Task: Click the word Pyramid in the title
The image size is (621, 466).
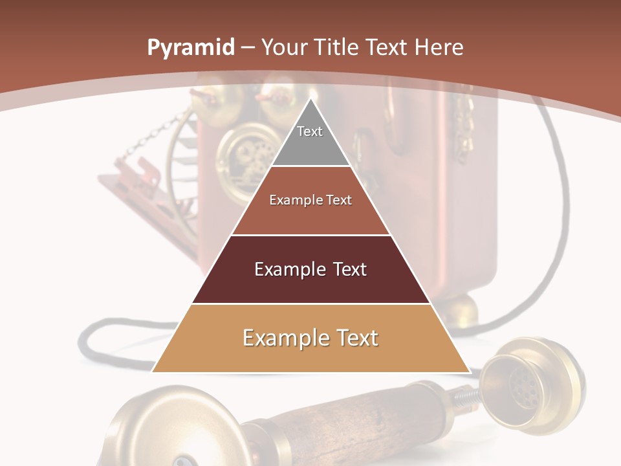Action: tap(190, 48)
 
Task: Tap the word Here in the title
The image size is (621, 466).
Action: tap(439, 47)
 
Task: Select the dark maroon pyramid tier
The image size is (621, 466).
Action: tap(310, 285)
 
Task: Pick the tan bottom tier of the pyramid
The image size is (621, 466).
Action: tap(310, 356)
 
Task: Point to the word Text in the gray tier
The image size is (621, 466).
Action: tap(310, 131)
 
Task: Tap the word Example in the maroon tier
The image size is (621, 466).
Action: tap(289, 269)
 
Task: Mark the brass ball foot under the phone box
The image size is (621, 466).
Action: tap(461, 311)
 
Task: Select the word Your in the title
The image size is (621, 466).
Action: tap(285, 47)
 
